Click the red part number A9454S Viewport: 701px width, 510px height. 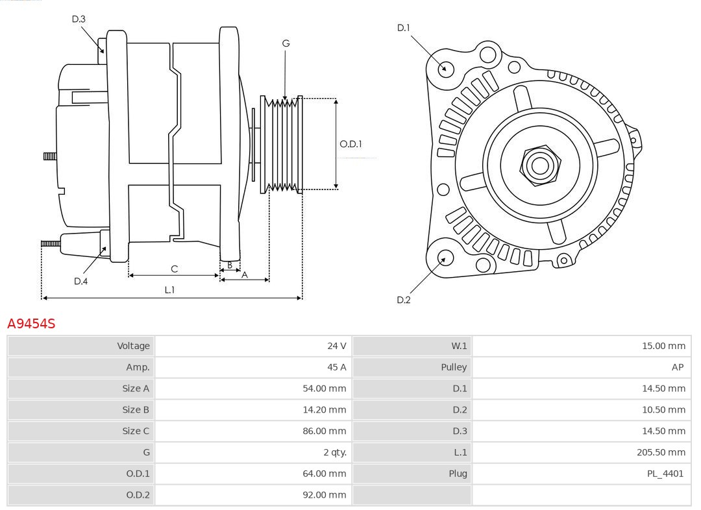point(31,323)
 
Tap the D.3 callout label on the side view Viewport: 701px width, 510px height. point(79,19)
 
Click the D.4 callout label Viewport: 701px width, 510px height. point(80,281)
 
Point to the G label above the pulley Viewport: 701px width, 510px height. point(286,43)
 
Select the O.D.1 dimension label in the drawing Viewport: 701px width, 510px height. point(350,144)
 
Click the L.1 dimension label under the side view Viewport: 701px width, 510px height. point(169,290)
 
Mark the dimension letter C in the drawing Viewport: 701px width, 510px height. point(174,269)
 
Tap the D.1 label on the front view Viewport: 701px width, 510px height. point(404,27)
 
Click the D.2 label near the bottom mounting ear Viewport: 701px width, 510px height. point(404,300)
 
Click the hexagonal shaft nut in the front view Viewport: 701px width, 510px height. point(539,165)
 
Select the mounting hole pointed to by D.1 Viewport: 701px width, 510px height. point(446,68)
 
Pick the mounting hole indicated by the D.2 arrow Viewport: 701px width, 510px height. point(444,258)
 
